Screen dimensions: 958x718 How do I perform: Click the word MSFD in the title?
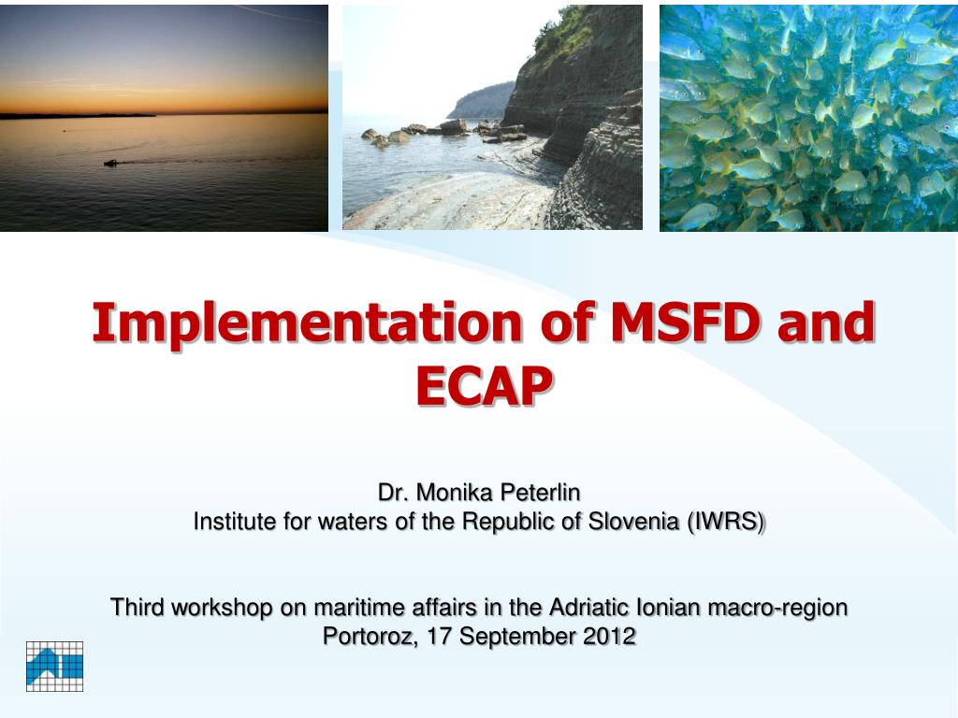click(x=686, y=322)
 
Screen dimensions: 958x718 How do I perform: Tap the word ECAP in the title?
click(x=485, y=386)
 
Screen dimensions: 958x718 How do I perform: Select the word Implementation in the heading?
click(x=307, y=323)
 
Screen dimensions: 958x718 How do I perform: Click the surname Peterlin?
click(x=540, y=492)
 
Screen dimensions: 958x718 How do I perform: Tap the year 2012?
click(x=609, y=636)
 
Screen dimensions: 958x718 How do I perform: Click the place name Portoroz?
click(x=370, y=637)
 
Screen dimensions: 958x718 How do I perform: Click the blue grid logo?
click(x=54, y=666)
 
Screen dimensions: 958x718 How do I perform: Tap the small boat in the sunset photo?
click(x=110, y=163)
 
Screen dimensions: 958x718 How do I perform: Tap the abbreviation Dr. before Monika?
click(x=394, y=492)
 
